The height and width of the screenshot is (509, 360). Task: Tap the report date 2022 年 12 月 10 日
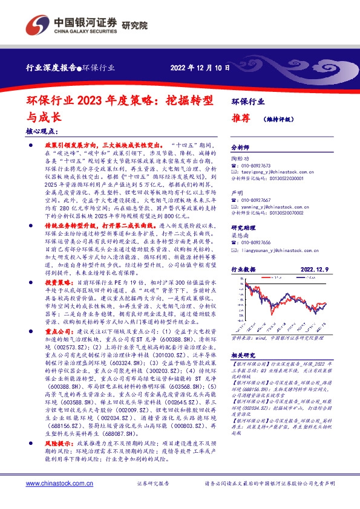tap(200, 67)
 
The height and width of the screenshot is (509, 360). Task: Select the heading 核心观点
tap(42, 131)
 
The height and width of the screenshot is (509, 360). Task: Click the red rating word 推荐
tap(241, 119)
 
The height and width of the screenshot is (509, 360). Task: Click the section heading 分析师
tap(241, 147)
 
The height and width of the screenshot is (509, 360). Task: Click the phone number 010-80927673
tap(258, 166)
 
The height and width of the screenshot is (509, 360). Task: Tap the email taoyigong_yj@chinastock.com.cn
tap(275, 172)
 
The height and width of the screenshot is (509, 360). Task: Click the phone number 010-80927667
tap(258, 199)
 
